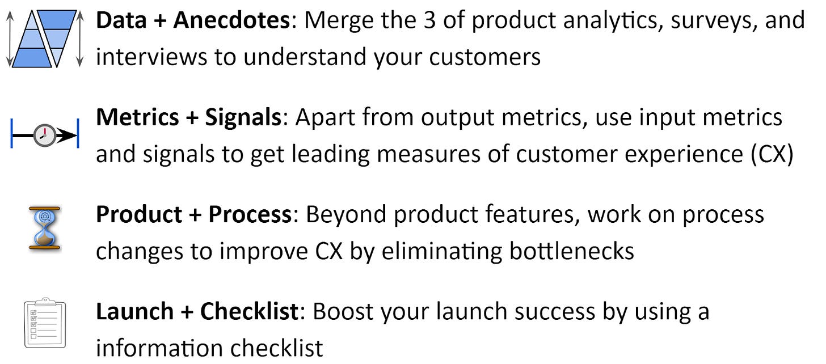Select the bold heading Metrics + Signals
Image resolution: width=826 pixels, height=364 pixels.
(188, 118)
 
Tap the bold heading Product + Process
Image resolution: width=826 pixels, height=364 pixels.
(193, 215)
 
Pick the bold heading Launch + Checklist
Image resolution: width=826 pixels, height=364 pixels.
(196, 312)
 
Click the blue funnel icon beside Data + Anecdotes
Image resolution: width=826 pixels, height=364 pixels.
(44, 39)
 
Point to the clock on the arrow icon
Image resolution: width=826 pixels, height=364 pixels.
(44, 136)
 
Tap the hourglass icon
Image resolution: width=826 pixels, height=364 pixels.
(44, 228)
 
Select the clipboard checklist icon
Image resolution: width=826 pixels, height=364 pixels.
(45, 323)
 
